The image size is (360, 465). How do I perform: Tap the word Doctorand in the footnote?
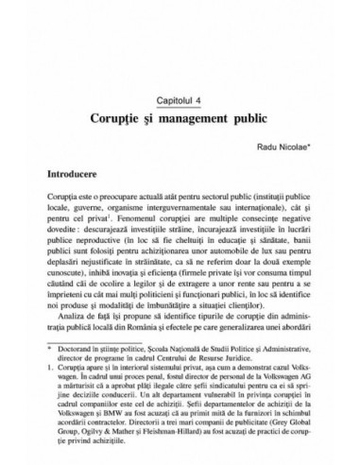(x=78, y=400)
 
